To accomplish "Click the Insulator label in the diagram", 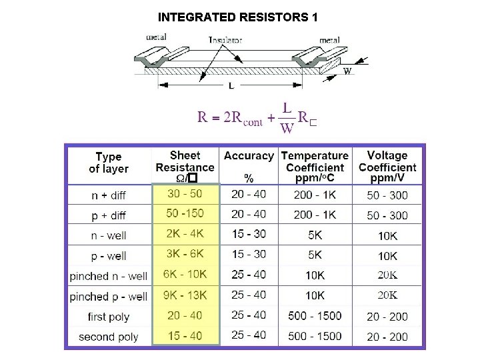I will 226,40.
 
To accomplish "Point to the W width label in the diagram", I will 347,71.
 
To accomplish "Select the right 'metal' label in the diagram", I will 329,40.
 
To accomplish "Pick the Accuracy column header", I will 249,156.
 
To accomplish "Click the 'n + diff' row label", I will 109,195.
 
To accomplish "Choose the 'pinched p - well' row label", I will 108,296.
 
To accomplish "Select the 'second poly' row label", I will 108,337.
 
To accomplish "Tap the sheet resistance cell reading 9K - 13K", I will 185,294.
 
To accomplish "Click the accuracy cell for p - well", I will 249,255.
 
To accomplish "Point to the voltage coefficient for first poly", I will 387,316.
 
